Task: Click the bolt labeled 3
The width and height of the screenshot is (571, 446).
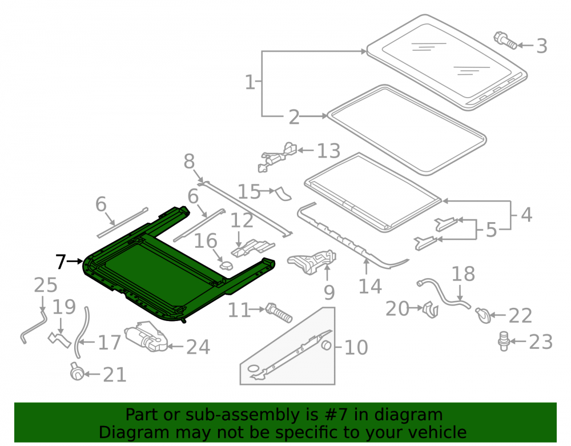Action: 505,41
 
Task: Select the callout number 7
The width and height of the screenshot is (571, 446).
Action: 61,262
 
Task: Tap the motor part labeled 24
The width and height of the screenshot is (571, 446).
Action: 146,336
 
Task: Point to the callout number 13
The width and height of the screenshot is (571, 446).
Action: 328,151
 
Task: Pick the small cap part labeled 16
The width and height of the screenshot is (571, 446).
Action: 227,266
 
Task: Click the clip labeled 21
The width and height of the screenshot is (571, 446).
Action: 77,372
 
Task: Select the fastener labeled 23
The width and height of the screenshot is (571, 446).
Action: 503,341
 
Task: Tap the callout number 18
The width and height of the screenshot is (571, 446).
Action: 463,274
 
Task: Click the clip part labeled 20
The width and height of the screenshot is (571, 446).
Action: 431,310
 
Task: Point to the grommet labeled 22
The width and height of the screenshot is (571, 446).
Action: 483,315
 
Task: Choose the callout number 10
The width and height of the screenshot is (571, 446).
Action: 356,347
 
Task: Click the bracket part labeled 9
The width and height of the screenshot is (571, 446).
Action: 312,261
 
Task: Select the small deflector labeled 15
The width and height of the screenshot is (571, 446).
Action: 283,194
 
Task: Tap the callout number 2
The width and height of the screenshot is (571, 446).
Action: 294,118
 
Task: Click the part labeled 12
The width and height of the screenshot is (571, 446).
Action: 253,248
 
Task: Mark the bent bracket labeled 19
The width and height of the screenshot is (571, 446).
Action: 59,339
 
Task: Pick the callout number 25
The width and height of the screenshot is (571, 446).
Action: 46,285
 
